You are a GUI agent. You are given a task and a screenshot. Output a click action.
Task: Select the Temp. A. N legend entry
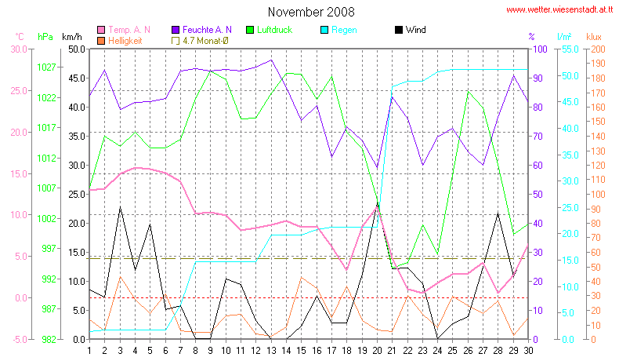pyautogui.click(x=129, y=30)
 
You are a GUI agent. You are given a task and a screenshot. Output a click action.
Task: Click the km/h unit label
pyautogui.click(x=71, y=37)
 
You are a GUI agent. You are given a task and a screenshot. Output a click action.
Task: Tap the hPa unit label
pyautogui.click(x=45, y=37)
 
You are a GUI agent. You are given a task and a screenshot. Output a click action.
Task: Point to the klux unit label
pyautogui.click(x=597, y=37)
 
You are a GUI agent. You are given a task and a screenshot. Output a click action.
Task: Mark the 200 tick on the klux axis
pyautogui.click(x=598, y=49)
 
